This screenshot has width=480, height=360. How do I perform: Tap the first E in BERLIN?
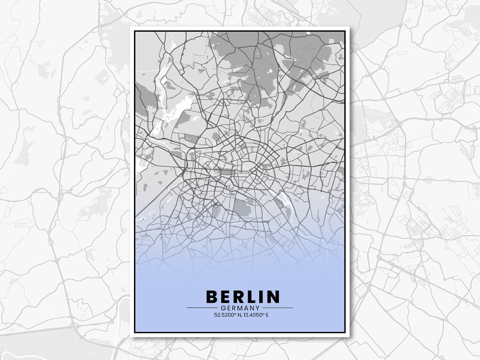pos(226,296)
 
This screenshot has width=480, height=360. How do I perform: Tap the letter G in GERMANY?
pos(224,308)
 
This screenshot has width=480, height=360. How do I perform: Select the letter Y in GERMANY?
pos(257,308)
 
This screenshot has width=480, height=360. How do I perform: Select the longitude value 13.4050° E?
pos(255,315)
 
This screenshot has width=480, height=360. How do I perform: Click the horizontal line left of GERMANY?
pos(202,308)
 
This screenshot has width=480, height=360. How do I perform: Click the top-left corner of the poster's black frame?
pos(135,31)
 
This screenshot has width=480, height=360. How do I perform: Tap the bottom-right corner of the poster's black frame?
pos(345,332)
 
